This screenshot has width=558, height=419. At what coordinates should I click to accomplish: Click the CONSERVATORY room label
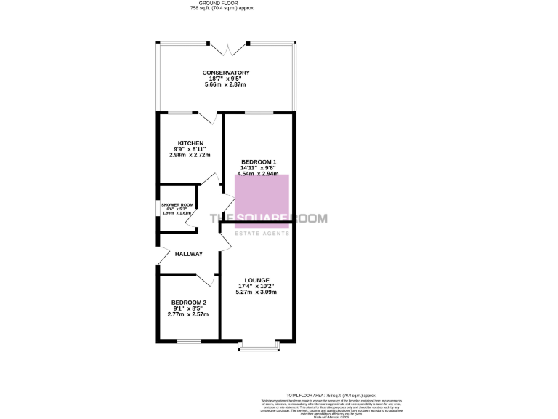click(226, 73)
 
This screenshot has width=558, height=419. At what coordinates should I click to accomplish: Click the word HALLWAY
click(188, 254)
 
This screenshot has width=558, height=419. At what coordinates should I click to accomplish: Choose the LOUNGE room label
click(257, 280)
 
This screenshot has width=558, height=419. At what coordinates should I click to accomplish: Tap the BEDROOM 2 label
click(188, 303)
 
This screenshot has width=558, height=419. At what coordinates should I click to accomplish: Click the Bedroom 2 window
click(189, 340)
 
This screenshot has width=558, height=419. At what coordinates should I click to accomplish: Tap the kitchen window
click(179, 112)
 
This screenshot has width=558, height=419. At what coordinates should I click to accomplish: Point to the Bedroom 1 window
click(258, 112)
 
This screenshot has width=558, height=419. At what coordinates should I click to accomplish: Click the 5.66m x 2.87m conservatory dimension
click(226, 85)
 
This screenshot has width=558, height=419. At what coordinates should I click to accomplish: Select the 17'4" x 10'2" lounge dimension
click(257, 286)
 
